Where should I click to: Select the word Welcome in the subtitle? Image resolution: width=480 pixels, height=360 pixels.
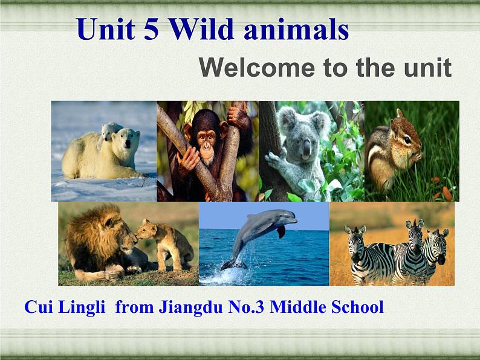(x=257, y=68)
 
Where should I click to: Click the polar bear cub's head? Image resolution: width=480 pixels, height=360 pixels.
(x=108, y=130)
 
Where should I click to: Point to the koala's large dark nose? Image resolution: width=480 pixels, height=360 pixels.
(x=306, y=149)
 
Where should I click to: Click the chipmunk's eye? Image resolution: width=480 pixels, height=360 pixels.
(x=407, y=140)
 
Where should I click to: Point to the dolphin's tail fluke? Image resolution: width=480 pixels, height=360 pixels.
(x=233, y=264)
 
